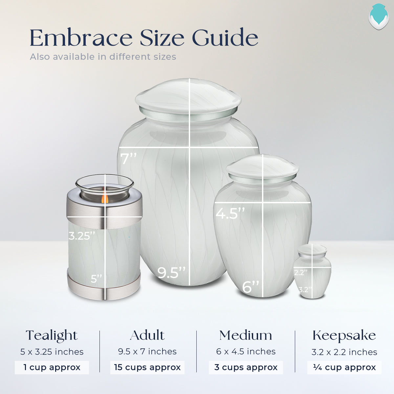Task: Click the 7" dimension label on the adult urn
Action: tap(128, 159)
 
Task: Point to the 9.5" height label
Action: tap(171, 273)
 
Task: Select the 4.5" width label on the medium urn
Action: tap(230, 214)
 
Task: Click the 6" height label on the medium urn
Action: tap(251, 287)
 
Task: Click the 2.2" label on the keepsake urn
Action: tap(301, 272)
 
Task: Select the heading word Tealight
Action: tap(52, 336)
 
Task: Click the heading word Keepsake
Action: tap(344, 336)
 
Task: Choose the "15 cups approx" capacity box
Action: tap(147, 367)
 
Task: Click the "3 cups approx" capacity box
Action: tap(246, 367)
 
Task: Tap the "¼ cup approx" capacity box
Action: tap(344, 367)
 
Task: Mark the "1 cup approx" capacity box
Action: tap(52, 367)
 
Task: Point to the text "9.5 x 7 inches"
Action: tap(147, 351)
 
